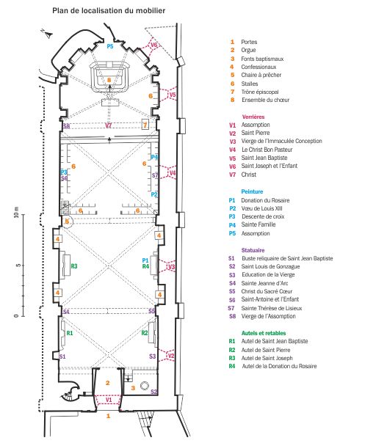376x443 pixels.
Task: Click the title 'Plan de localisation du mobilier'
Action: (x=109, y=11)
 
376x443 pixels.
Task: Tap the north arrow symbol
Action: (x=48, y=34)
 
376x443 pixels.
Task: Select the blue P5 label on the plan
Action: (x=109, y=46)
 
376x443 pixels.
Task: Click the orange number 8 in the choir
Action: (x=109, y=80)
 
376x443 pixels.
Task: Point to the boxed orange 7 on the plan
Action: (x=145, y=124)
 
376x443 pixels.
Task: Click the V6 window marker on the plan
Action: (x=153, y=45)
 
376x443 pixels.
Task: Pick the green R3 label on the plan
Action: (x=74, y=266)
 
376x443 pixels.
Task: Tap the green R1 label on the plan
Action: (x=70, y=333)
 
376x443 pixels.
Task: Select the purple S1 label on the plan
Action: (x=62, y=356)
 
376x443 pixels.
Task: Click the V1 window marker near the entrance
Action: (x=109, y=400)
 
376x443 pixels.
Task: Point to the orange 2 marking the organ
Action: (x=107, y=383)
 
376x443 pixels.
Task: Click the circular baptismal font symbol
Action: (x=144, y=386)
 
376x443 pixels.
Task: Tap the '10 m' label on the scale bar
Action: (x=16, y=212)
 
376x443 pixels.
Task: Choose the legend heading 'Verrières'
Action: (x=253, y=117)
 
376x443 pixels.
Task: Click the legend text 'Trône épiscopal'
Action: (x=260, y=92)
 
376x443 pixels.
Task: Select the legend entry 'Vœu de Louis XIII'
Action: (x=261, y=208)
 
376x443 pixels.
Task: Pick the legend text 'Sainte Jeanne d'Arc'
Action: (x=264, y=283)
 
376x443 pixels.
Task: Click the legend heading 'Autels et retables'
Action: (x=264, y=333)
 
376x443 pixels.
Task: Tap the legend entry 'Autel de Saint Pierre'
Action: (x=266, y=350)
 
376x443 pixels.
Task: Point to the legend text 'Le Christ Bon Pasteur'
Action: (x=267, y=150)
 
